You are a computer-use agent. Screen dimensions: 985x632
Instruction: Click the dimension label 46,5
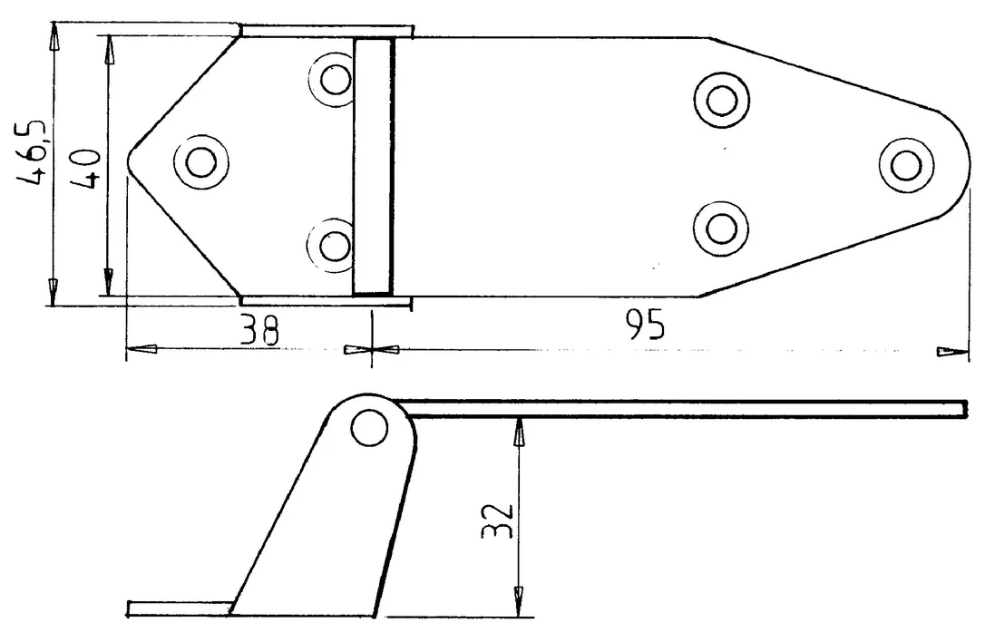pos(31,152)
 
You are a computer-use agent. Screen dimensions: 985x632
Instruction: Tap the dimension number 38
pos(259,330)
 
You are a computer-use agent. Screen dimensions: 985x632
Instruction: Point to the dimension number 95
pos(645,325)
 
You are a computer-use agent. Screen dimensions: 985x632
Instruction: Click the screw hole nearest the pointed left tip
pos(201,162)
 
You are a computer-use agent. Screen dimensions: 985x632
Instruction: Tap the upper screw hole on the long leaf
pos(722,99)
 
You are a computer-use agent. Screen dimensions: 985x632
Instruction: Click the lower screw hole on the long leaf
pos(722,228)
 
